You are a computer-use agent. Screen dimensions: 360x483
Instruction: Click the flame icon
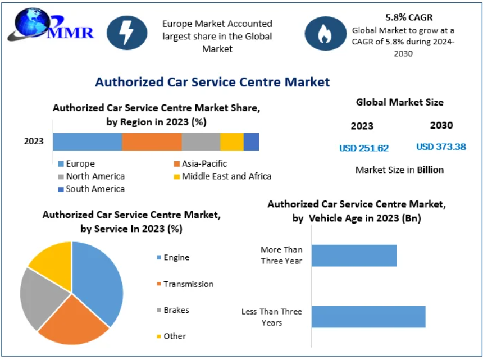(325, 34)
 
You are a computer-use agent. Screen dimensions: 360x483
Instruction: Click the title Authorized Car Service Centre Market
(212, 82)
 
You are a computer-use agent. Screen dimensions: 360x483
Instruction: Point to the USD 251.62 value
(364, 148)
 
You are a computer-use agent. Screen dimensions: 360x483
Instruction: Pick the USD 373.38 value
(441, 147)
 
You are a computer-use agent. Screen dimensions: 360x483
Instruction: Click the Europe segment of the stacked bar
(87, 142)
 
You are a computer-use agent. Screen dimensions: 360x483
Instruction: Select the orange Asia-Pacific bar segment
(152, 142)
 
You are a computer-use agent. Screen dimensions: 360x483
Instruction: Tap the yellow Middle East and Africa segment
(231, 142)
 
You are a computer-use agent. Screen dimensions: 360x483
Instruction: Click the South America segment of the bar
(251, 142)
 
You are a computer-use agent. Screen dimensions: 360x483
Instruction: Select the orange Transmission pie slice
(73, 323)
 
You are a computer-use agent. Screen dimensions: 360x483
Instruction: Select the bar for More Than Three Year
(354, 256)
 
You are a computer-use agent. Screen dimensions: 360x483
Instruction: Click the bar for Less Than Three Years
(368, 317)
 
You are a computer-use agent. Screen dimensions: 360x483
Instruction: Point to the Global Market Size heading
(399, 102)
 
